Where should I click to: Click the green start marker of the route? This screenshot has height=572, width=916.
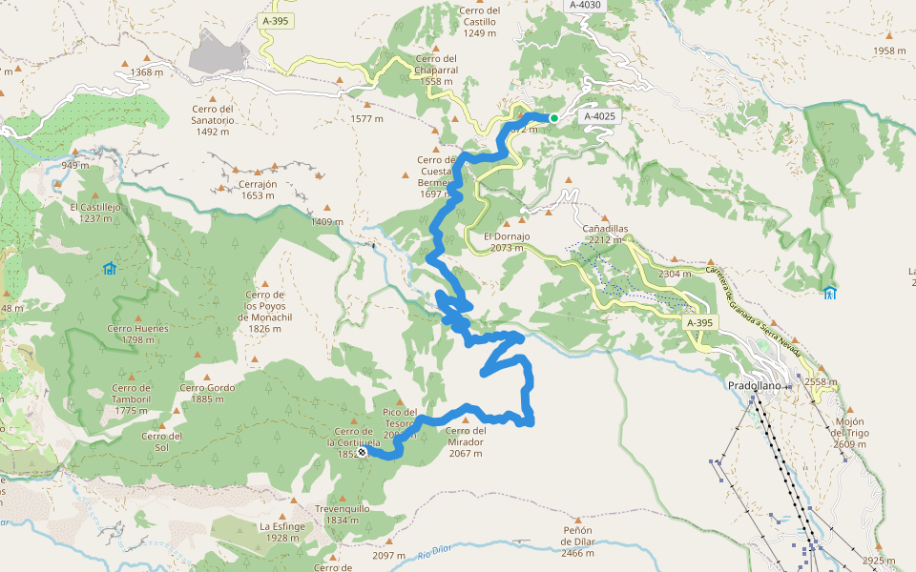[553, 118]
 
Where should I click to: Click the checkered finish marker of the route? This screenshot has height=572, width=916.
[362, 452]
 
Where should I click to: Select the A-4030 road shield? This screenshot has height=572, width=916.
[584, 5]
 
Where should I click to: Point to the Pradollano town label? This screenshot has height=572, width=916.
[754, 385]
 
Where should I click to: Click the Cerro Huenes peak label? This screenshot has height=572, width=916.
[137, 335]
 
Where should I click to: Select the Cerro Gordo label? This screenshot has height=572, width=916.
[207, 393]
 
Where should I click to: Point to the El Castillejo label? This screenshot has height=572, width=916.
[95, 212]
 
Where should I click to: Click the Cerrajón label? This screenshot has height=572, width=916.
[258, 190]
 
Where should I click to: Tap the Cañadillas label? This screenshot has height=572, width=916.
[606, 235]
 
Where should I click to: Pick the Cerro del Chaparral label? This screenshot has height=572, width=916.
[437, 75]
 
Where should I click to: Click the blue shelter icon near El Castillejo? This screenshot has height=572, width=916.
[109, 268]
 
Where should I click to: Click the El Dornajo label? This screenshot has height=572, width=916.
[506, 241]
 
